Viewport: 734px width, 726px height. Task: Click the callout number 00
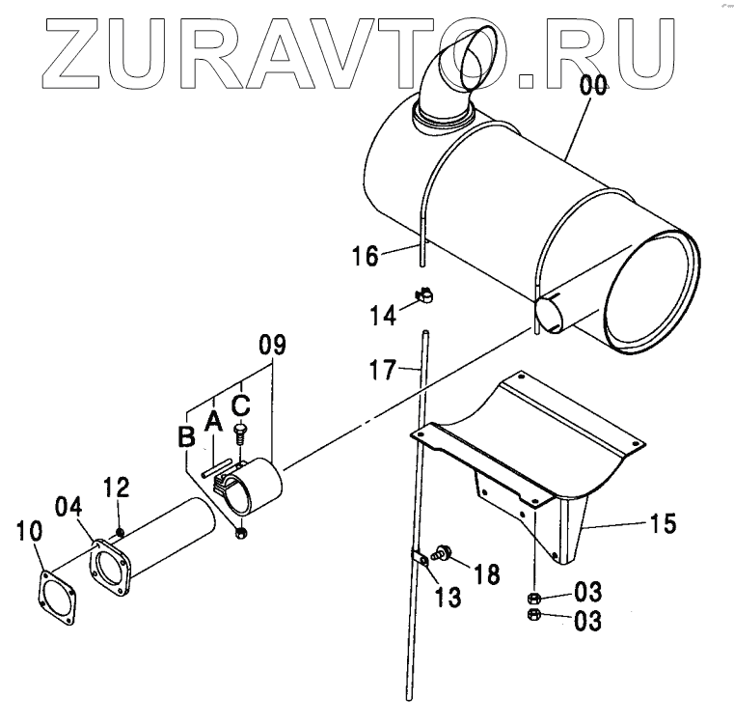[x=593, y=86]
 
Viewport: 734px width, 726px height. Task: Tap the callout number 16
[x=367, y=256]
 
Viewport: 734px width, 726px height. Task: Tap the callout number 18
[x=487, y=574]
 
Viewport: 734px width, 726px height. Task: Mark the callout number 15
[x=664, y=524]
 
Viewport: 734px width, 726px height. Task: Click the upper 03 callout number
[x=587, y=592]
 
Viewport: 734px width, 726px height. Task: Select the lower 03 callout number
[x=587, y=621]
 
